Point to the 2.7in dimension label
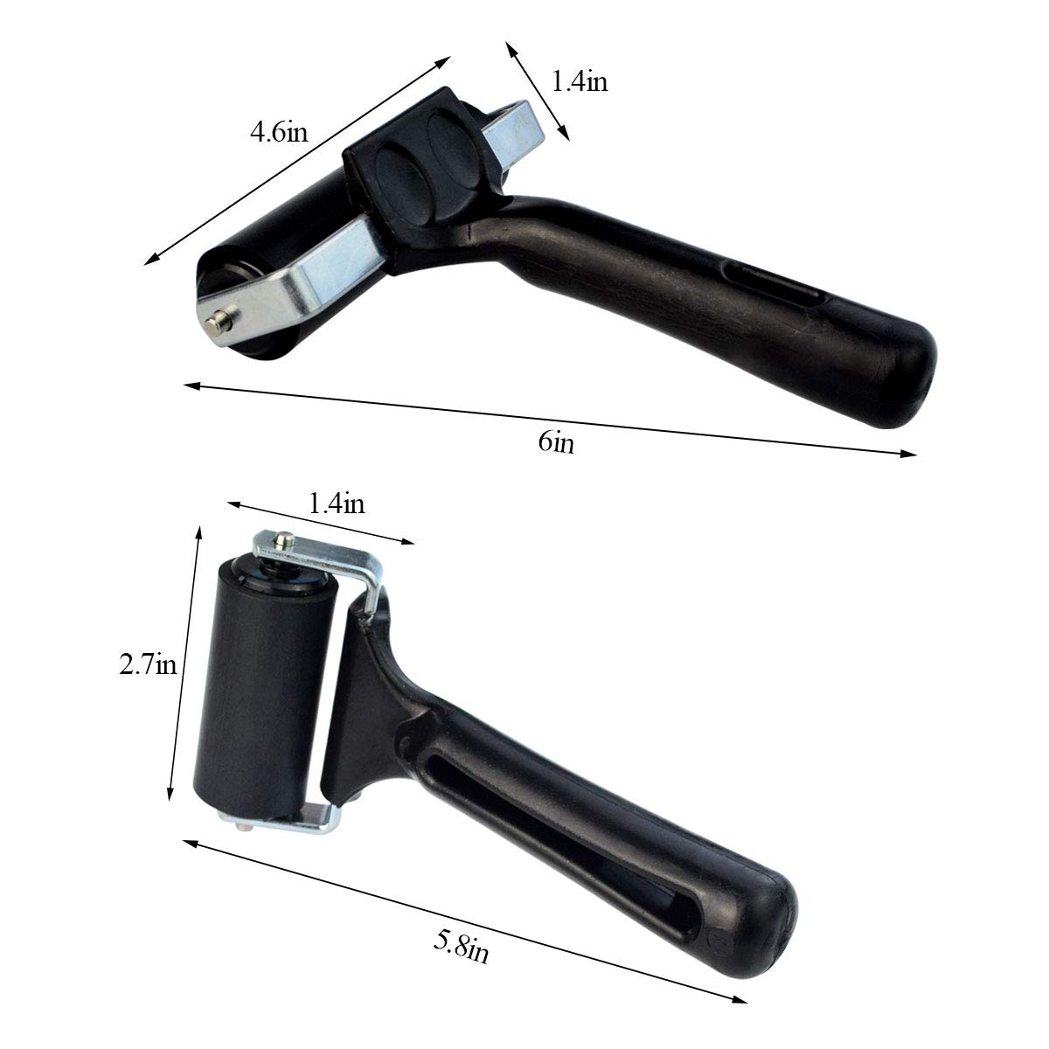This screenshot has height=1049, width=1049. click(148, 666)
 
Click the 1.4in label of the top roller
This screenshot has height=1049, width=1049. click(579, 82)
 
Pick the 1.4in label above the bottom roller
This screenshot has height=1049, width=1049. click(337, 504)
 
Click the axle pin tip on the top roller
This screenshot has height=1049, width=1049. click(212, 321)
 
